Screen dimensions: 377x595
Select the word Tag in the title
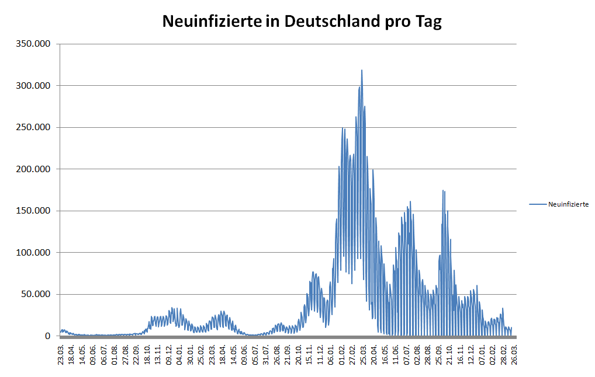click(x=428, y=22)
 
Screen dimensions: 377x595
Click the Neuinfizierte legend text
click(x=568, y=204)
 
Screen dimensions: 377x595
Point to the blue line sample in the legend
click(x=538, y=204)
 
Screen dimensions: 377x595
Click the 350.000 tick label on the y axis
click(x=35, y=44)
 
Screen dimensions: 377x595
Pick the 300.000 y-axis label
click(x=35, y=86)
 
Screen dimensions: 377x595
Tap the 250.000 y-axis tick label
click(x=35, y=127)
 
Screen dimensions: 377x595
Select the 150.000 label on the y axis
click(x=35, y=211)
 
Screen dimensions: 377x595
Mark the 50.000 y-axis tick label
click(x=37, y=294)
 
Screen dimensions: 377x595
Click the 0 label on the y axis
click(x=49, y=336)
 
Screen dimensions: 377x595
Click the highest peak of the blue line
click(x=362, y=71)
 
